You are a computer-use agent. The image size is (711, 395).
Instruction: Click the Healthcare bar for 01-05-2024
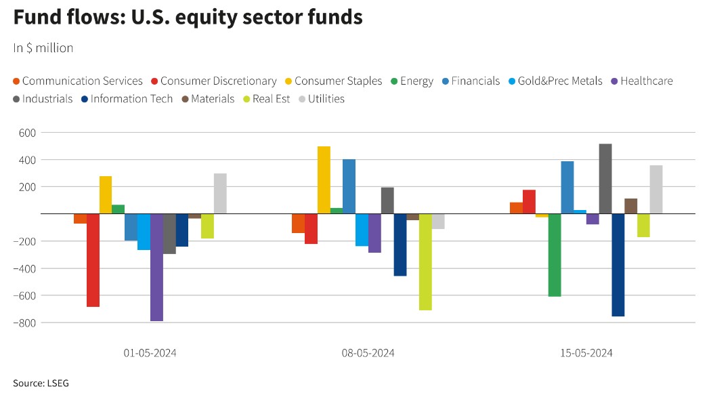point(156,267)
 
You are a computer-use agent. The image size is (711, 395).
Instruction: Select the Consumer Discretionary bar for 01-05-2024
point(93,260)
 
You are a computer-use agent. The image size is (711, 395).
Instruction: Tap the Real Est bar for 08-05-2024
point(425,262)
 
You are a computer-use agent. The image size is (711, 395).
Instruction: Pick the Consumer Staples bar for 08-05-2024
point(324,180)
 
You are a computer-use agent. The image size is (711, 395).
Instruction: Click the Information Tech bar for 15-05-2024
point(618,265)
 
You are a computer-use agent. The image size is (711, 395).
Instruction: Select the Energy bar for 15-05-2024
point(555,255)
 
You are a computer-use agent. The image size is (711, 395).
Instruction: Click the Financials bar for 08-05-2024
point(349,186)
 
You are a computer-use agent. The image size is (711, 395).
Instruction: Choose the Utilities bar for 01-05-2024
point(220,194)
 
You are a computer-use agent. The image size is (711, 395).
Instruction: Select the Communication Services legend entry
point(78,81)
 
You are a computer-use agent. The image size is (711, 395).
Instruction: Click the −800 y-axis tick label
point(24,323)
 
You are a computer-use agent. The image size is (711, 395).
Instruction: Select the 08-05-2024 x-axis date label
point(368,353)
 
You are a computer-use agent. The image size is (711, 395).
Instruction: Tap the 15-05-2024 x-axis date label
point(586,353)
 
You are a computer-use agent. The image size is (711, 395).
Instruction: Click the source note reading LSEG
point(41,383)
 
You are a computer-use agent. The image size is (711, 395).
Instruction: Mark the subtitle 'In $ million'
point(43,48)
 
